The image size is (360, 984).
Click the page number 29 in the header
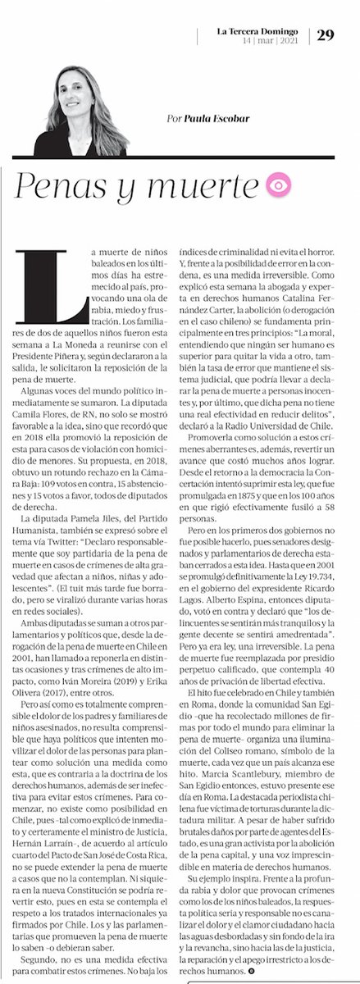click(325, 34)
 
